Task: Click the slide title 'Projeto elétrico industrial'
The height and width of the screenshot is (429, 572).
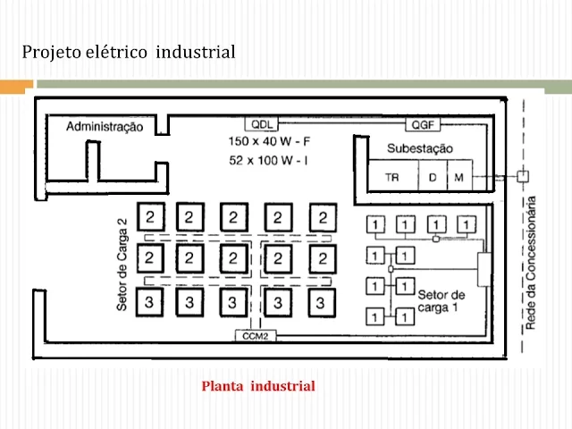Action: (x=129, y=53)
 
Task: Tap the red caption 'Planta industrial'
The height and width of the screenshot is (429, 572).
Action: (x=258, y=386)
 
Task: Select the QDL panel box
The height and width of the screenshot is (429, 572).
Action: (x=263, y=122)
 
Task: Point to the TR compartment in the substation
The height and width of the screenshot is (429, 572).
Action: (x=392, y=177)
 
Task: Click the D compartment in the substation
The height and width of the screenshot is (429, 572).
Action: (x=433, y=177)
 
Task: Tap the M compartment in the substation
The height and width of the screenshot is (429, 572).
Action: (x=458, y=177)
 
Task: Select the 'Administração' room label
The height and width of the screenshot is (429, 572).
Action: (x=105, y=127)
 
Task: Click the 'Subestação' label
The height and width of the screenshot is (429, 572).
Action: (x=420, y=147)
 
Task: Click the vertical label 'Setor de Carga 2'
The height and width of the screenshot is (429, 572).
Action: (x=122, y=266)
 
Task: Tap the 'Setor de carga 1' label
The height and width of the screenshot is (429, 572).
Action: (x=441, y=300)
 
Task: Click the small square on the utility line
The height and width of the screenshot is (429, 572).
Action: (x=523, y=176)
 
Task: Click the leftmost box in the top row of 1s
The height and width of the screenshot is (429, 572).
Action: (x=378, y=223)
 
